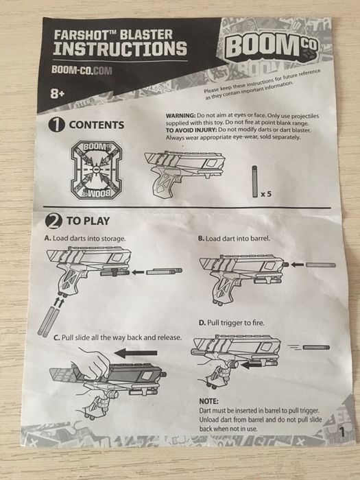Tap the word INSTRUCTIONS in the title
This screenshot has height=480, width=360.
pyautogui.click(x=120, y=49)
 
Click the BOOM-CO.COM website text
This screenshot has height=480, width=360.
pyautogui.click(x=82, y=70)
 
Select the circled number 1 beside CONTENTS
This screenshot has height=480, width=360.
pyautogui.click(x=57, y=125)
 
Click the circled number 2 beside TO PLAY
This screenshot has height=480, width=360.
pyautogui.click(x=53, y=221)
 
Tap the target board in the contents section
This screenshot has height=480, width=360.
pyautogui.click(x=97, y=170)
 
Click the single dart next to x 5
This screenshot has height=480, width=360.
pyautogui.click(x=254, y=181)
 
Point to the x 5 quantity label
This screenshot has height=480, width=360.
pyautogui.click(x=266, y=194)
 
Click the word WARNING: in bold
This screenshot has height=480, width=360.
pyautogui.click(x=180, y=116)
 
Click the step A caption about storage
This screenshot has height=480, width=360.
pyautogui.click(x=85, y=238)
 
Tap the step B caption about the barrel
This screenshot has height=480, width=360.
pyautogui.click(x=235, y=238)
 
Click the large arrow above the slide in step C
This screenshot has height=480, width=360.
pyautogui.click(x=136, y=353)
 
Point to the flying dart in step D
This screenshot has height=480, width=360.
pyautogui.click(x=316, y=348)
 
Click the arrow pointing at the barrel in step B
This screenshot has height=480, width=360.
pyautogui.click(x=297, y=265)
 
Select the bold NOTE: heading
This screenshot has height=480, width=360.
pyautogui.click(x=209, y=401)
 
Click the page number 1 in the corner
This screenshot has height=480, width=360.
pyautogui.click(x=342, y=431)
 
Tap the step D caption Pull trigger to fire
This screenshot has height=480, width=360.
pyautogui.click(x=232, y=323)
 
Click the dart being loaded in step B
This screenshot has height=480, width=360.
pyautogui.click(x=321, y=265)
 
